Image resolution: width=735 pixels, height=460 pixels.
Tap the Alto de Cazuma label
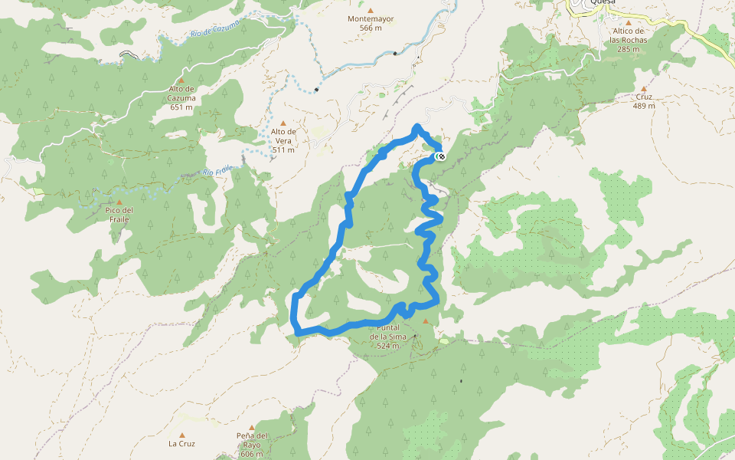(x=182, y=98)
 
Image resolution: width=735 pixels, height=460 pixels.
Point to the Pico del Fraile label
(x=119, y=215)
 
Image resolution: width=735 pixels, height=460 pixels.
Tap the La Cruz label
(x=181, y=443)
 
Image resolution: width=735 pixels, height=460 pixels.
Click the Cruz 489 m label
(x=644, y=101)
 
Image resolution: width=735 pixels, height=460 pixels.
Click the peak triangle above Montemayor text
(x=370, y=10)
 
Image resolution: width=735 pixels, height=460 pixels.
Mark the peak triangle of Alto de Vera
(x=283, y=123)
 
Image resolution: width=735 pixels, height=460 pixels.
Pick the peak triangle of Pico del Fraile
(x=119, y=202)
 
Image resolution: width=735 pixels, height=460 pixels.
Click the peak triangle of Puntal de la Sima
(x=426, y=320)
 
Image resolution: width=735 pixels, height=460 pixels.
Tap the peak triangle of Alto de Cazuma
(x=181, y=80)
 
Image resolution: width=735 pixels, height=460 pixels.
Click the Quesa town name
(x=600, y=2)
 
